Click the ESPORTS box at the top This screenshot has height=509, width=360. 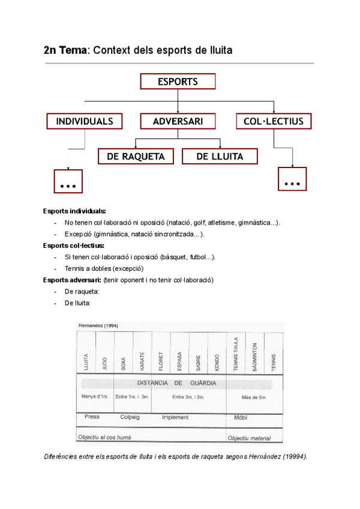pyautogui.click(x=178, y=81)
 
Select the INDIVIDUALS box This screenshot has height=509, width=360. pyautogui.click(x=84, y=121)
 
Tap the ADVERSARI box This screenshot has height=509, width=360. pyautogui.click(x=178, y=121)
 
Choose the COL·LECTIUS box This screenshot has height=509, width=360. pyautogui.click(x=274, y=121)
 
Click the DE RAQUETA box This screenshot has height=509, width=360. pyautogui.click(x=136, y=157)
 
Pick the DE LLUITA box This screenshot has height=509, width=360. pyautogui.click(x=220, y=157)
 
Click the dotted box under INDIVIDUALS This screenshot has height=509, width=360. pyautogui.click(x=68, y=181)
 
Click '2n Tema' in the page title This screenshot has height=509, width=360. pyautogui.click(x=65, y=51)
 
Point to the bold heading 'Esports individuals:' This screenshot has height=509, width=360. pyautogui.click(x=74, y=211)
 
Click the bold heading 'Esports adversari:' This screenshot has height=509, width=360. pyautogui.click(x=71, y=280)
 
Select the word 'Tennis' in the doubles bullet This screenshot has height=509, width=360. pyautogui.click(x=75, y=269)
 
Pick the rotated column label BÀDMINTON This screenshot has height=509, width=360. pyautogui.click(x=254, y=358)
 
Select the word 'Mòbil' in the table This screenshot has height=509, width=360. pyautogui.click(x=241, y=417)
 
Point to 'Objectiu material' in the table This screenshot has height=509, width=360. pyautogui.click(x=249, y=438)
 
